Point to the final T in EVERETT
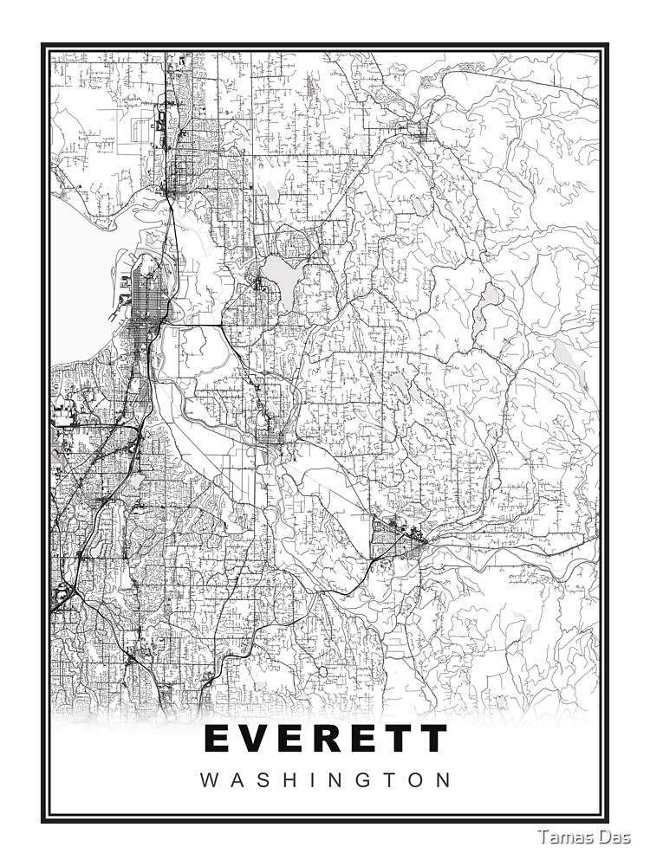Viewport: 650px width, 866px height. (432, 739)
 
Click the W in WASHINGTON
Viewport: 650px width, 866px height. (210, 779)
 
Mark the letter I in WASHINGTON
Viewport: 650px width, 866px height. (320, 779)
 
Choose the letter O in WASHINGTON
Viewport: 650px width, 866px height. (414, 779)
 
